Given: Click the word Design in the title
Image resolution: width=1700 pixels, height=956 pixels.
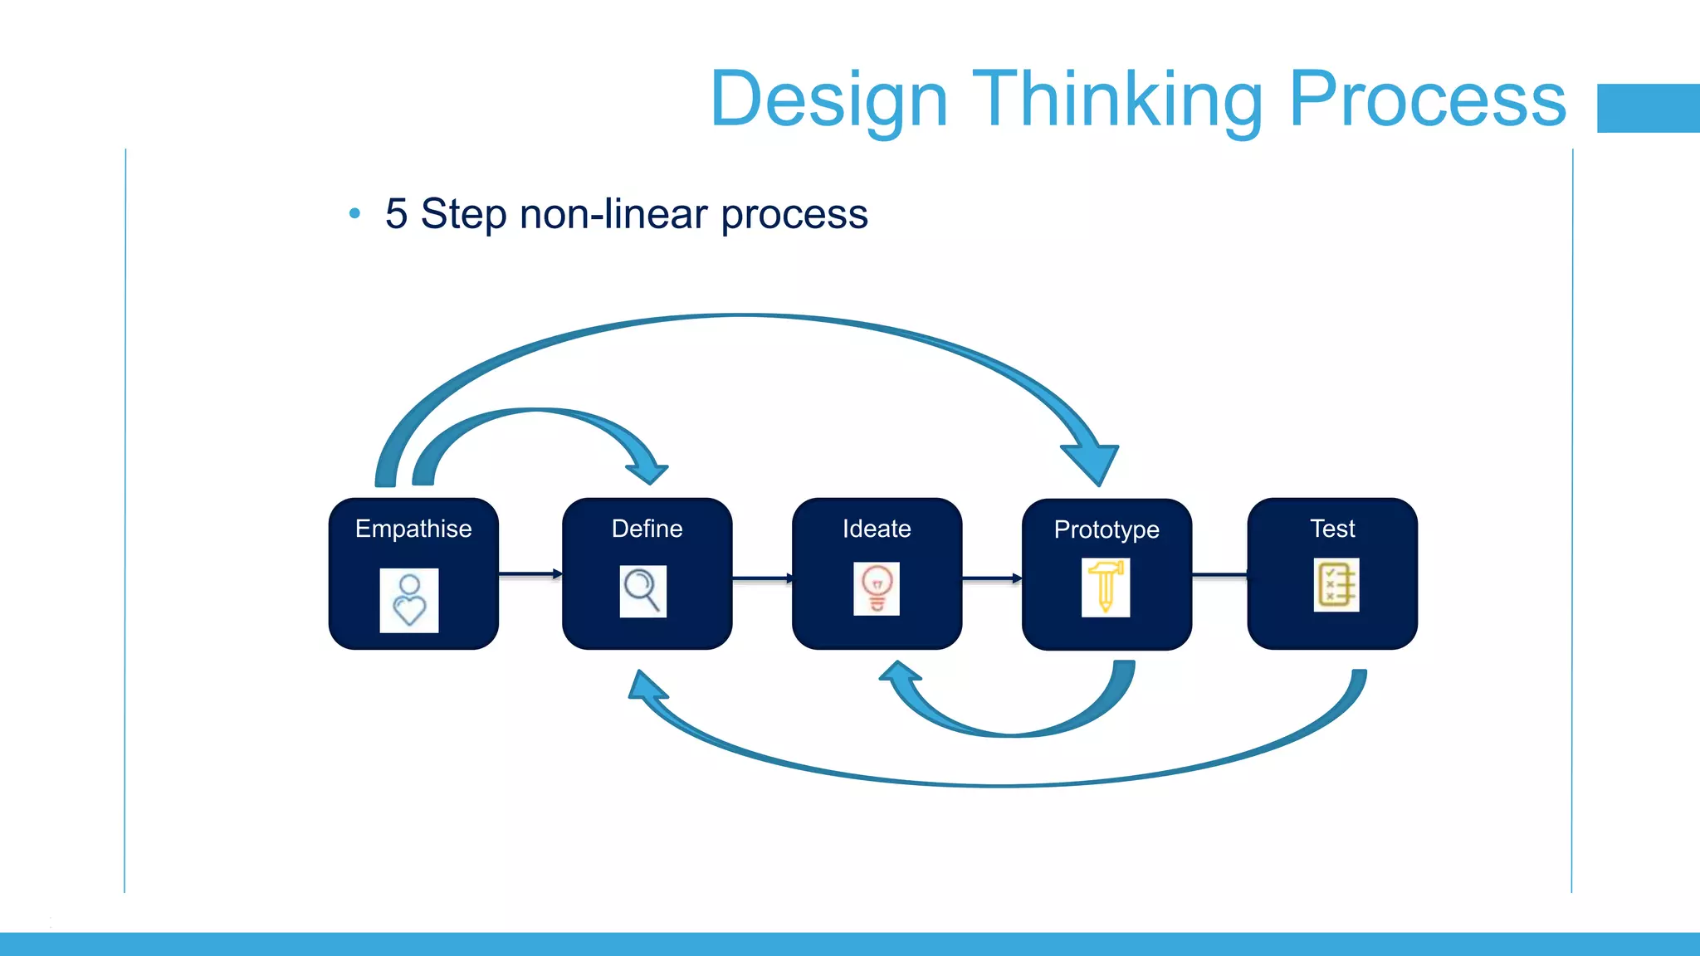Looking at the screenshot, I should click(828, 100).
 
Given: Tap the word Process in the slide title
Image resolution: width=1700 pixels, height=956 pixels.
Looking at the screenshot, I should click(1427, 100).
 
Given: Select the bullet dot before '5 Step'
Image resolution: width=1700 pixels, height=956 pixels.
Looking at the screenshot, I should click(355, 214).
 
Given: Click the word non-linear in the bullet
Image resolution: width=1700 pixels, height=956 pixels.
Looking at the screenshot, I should click(613, 214).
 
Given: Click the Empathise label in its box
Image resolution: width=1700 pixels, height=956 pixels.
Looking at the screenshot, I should click(413, 529).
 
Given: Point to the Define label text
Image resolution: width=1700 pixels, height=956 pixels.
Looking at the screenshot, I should click(647, 529).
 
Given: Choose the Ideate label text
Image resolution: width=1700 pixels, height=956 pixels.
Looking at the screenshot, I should click(877, 529).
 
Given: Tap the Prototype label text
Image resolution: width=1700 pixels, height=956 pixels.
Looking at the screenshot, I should click(1106, 529).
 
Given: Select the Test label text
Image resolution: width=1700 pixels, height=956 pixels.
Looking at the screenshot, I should click(1332, 529).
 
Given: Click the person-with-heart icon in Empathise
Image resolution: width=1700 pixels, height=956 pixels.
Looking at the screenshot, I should click(409, 600).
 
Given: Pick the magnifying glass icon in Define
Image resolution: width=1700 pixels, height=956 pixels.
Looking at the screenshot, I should click(642, 591).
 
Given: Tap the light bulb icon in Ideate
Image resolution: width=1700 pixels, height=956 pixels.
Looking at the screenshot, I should click(877, 588).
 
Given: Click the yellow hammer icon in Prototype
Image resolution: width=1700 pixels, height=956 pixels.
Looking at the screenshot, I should click(1106, 587).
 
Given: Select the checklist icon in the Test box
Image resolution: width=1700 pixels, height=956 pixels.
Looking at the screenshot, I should click(1336, 585).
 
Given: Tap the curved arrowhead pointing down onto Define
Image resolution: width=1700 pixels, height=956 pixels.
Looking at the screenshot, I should click(648, 471).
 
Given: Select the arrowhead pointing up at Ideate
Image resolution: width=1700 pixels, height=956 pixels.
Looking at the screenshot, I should click(900, 674).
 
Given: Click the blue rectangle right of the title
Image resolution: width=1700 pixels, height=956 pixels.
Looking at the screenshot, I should click(1648, 108).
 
